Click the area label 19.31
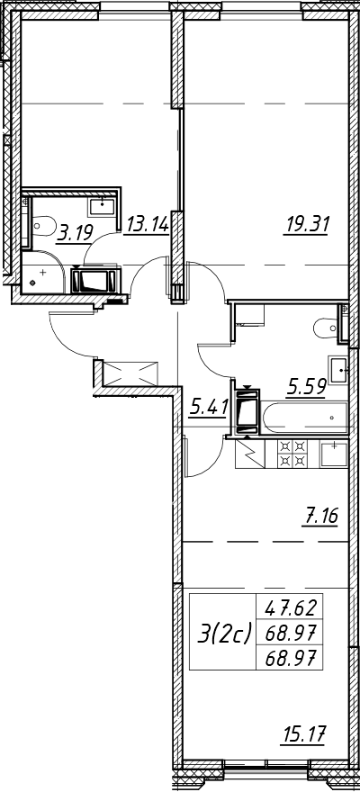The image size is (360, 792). click(x=306, y=223)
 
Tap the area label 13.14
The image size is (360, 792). click(x=147, y=223)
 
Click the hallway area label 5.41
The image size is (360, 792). click(x=209, y=407)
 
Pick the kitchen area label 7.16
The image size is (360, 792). click(x=319, y=517)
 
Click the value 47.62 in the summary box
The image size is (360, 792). click(x=289, y=607)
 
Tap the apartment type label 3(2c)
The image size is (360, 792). click(x=223, y=632)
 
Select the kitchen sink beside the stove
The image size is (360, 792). click(x=333, y=454)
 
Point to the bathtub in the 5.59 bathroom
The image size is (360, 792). click(x=304, y=418)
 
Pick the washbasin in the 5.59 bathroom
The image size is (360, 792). click(x=338, y=369)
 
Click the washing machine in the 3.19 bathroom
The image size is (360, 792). click(x=95, y=280)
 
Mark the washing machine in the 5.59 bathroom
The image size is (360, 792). click(x=247, y=410)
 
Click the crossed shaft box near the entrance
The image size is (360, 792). click(x=131, y=373)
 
